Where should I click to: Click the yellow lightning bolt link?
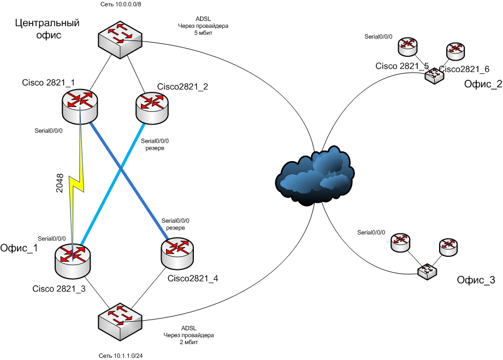click(x=77, y=180)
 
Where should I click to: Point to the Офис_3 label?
click(x=476, y=280)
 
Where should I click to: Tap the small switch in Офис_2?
click(x=435, y=75)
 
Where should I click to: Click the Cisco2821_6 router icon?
click(x=455, y=51)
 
